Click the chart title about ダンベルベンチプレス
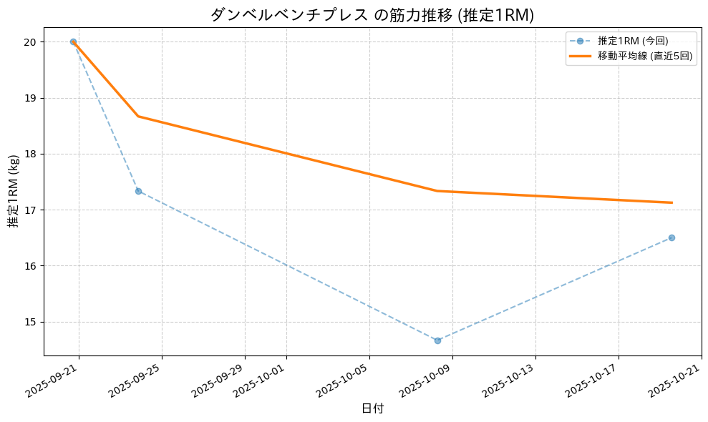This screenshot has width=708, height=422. [372, 15]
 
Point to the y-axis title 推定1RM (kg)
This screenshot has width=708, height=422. [14, 191]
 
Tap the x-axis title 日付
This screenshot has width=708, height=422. [372, 408]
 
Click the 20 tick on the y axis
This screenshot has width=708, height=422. [31, 42]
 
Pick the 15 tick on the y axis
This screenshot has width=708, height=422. [31, 322]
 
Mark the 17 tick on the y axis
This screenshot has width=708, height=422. [31, 210]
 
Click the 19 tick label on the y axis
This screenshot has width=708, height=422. [31, 98]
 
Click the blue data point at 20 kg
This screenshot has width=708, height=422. [73, 42]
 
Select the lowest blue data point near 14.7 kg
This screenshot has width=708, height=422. [437, 340]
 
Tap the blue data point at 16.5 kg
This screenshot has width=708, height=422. [671, 237]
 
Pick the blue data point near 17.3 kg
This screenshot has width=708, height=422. [138, 191]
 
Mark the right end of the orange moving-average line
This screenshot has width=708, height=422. [671, 202]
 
